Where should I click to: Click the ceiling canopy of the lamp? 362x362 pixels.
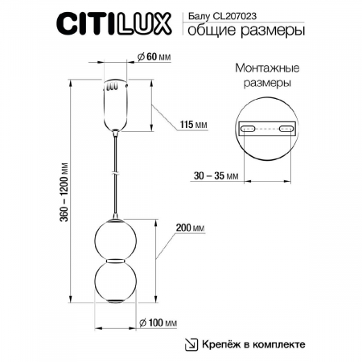click(117, 105)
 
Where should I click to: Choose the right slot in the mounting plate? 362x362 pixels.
click(286, 128)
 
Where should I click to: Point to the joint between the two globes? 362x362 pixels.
click(117, 259)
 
